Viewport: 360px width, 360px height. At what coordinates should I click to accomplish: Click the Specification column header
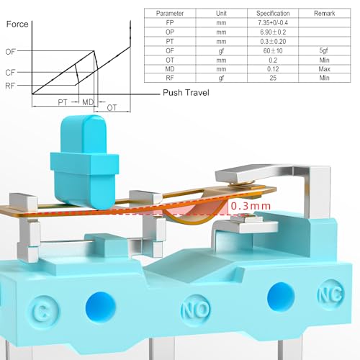click(273, 14)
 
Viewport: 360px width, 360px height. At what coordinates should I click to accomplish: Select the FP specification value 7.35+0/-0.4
click(273, 23)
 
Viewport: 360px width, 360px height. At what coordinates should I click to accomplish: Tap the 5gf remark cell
click(324, 50)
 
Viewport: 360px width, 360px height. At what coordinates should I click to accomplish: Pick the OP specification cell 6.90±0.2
click(273, 32)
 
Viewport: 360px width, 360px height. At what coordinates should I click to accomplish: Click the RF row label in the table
click(170, 78)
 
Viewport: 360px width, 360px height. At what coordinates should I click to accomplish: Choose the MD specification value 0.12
click(273, 69)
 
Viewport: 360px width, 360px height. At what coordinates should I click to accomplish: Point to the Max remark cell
click(324, 69)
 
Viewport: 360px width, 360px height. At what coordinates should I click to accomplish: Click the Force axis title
click(17, 24)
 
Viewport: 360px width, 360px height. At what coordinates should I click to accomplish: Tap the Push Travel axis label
click(186, 93)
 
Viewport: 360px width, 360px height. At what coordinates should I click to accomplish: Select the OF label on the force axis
click(10, 52)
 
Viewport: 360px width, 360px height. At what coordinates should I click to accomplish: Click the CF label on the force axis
click(10, 73)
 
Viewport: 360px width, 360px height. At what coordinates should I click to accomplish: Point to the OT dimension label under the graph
click(112, 108)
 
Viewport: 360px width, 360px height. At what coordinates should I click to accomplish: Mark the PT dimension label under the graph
click(63, 102)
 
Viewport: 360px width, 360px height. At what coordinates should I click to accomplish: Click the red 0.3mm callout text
click(251, 206)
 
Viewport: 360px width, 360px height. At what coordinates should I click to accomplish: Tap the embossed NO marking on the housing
click(196, 310)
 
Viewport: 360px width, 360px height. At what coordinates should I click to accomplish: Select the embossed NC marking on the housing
click(330, 294)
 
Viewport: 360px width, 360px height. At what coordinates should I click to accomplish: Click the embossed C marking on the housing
click(42, 311)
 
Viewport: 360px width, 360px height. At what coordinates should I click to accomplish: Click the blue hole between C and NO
click(101, 307)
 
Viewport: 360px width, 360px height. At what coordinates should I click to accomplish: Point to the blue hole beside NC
click(281, 297)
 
